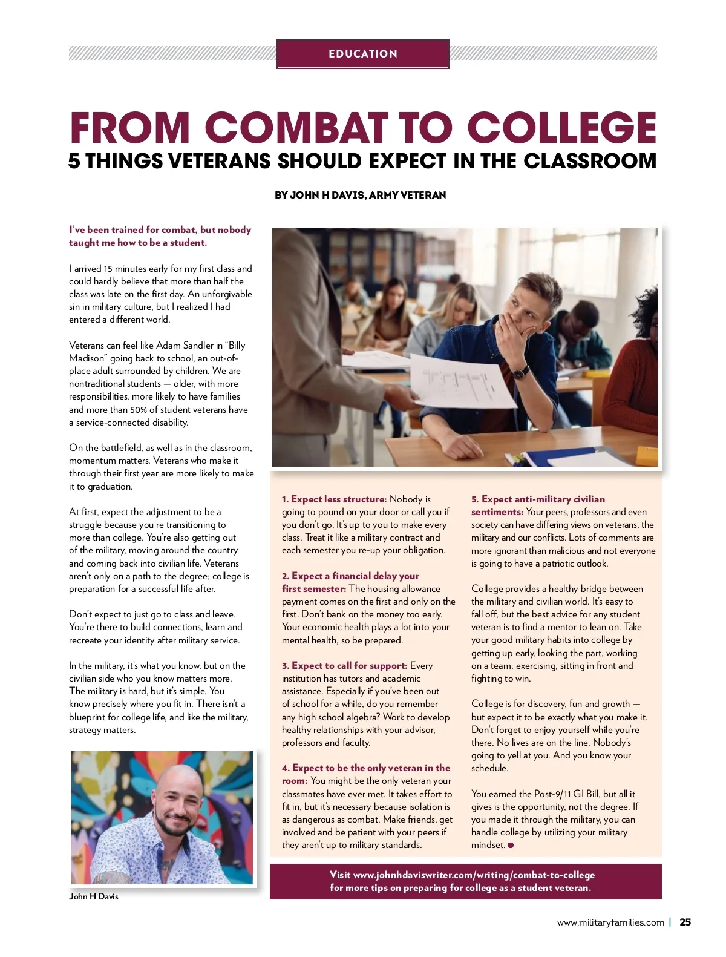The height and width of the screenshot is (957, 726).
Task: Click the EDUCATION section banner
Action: pyautogui.click(x=363, y=54)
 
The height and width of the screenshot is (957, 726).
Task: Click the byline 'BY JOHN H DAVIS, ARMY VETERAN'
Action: pyautogui.click(x=361, y=195)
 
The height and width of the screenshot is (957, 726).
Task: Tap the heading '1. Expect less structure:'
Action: pyautogui.click(x=334, y=499)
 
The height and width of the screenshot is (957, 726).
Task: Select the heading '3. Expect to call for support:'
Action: pyautogui.click(x=344, y=666)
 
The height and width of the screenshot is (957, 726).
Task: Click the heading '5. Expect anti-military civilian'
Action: pyautogui.click(x=538, y=499)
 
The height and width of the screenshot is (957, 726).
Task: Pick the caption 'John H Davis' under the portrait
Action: pyautogui.click(x=94, y=896)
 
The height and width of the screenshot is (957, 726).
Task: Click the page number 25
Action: pyautogui.click(x=685, y=922)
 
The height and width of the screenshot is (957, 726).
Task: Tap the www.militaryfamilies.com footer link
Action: pyautogui.click(x=610, y=922)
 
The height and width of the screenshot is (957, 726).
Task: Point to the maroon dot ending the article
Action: pyautogui.click(x=511, y=846)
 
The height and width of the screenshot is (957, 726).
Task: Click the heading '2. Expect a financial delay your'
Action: pyautogui.click(x=350, y=576)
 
